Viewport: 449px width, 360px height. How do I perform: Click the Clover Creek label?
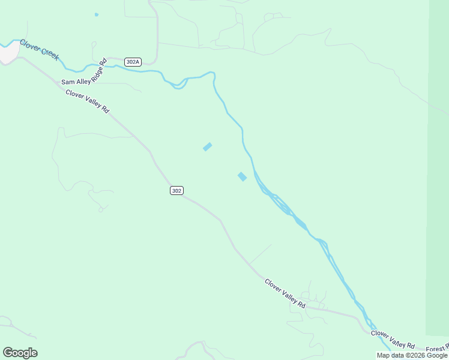coord(39,50)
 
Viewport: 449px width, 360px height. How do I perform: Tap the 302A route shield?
coord(133,62)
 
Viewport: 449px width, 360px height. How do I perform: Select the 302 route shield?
coord(176,190)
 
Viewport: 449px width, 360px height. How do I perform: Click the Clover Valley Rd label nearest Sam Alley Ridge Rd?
coord(88,102)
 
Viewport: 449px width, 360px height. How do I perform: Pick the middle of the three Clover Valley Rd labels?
coord(285,293)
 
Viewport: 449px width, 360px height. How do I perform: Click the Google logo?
coord(20,353)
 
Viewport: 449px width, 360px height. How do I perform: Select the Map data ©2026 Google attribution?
coord(412,355)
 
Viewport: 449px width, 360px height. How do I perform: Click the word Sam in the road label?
coord(67,82)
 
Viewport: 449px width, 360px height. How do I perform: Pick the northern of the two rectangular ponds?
coord(207,146)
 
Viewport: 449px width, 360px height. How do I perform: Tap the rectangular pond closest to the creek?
coord(242,176)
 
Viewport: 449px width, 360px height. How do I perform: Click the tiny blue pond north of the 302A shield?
coord(96,14)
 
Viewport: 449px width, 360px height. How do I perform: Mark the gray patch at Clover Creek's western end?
coord(7,53)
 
